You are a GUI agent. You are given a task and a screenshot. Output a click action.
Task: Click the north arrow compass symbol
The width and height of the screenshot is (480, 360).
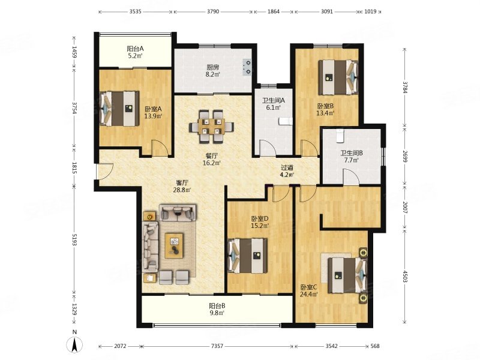[74, 344]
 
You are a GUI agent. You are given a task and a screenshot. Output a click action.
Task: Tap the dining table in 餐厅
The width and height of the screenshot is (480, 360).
[211, 127]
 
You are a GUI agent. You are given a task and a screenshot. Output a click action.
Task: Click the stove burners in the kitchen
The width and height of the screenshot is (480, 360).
[247, 67]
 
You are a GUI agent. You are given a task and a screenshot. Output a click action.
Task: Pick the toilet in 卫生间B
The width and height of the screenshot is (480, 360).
[340, 136]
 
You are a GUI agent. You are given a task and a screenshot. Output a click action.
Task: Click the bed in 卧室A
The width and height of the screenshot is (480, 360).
[119, 108]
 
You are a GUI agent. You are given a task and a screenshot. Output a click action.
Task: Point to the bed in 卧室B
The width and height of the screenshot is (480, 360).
[338, 77]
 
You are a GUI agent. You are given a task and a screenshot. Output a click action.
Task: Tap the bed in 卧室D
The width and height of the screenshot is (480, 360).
[248, 256]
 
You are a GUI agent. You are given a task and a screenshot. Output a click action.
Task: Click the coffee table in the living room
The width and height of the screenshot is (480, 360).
[174, 245]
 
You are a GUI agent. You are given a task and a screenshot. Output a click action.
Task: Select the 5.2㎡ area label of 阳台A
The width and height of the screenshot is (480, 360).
[135, 56]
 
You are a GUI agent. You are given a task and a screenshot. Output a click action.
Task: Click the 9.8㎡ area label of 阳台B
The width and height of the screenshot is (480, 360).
[217, 313]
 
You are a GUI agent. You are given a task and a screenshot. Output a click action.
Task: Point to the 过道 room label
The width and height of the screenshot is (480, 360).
[287, 168]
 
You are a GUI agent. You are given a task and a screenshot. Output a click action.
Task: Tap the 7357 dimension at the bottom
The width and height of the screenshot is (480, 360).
[217, 346]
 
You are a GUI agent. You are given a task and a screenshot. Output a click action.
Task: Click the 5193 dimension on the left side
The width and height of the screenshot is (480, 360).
[74, 239]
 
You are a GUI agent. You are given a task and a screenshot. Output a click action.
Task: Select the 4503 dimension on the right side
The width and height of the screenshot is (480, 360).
[405, 277]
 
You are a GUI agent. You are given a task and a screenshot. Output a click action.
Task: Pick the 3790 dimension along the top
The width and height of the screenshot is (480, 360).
[213, 11]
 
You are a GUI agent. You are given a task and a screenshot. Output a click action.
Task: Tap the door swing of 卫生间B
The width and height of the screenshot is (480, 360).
[350, 178]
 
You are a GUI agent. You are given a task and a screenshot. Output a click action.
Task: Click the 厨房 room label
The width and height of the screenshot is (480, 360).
[213, 67]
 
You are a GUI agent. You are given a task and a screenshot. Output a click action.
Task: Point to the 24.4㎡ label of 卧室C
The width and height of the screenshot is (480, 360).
[309, 295]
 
